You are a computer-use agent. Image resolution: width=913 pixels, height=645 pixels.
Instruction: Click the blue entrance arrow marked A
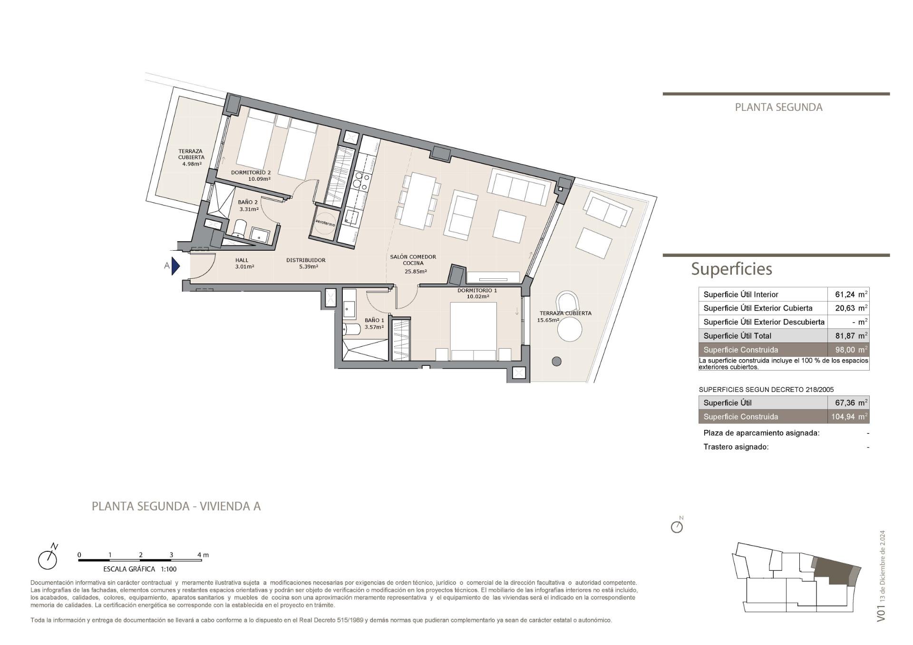[175, 266]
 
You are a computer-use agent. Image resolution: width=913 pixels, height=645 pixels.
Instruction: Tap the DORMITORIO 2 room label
[251, 172]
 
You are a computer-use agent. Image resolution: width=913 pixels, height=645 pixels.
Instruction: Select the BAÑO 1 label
[374, 320]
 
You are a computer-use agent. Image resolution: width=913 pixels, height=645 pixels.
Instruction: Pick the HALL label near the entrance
[242, 260]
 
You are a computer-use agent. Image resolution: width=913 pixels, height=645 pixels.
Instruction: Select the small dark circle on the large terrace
[556, 362]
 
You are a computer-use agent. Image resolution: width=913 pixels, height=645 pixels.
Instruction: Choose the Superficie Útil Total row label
[737, 336]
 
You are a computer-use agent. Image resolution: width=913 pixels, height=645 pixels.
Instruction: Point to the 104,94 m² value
[849, 417]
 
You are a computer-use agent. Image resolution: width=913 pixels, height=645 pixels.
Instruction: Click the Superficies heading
[731, 269]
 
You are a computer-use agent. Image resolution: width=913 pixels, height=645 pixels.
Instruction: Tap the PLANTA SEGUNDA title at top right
[778, 107]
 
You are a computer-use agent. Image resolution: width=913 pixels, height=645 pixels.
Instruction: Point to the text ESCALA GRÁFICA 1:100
[140, 569]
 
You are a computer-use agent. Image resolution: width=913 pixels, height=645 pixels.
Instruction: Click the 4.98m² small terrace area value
[192, 164]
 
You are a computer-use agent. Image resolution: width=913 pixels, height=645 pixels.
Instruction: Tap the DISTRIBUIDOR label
[306, 260]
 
